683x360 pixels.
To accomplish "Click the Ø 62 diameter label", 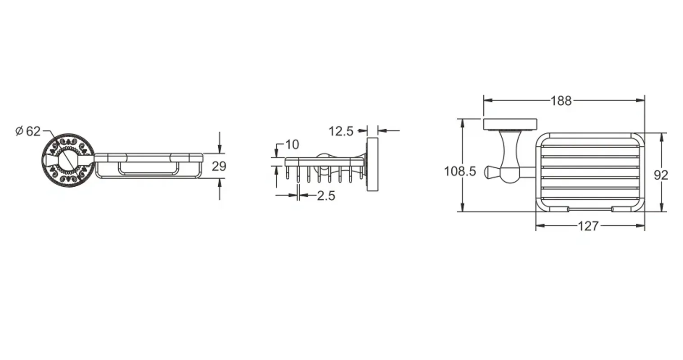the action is tap(28, 131).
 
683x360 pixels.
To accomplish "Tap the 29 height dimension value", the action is tap(219, 166).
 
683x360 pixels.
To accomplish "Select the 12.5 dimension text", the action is tap(341, 131).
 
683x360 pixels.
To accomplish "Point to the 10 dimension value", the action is tap(292, 145).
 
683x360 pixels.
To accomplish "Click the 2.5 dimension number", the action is tap(326, 196).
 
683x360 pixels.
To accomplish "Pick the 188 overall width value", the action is tap(561, 101).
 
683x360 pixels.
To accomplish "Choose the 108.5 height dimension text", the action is tap(460, 171).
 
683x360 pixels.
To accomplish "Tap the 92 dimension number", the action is tap(661, 175).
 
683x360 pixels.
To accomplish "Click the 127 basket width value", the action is tap(588, 226).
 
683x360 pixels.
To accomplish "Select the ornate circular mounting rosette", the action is tap(68, 160).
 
